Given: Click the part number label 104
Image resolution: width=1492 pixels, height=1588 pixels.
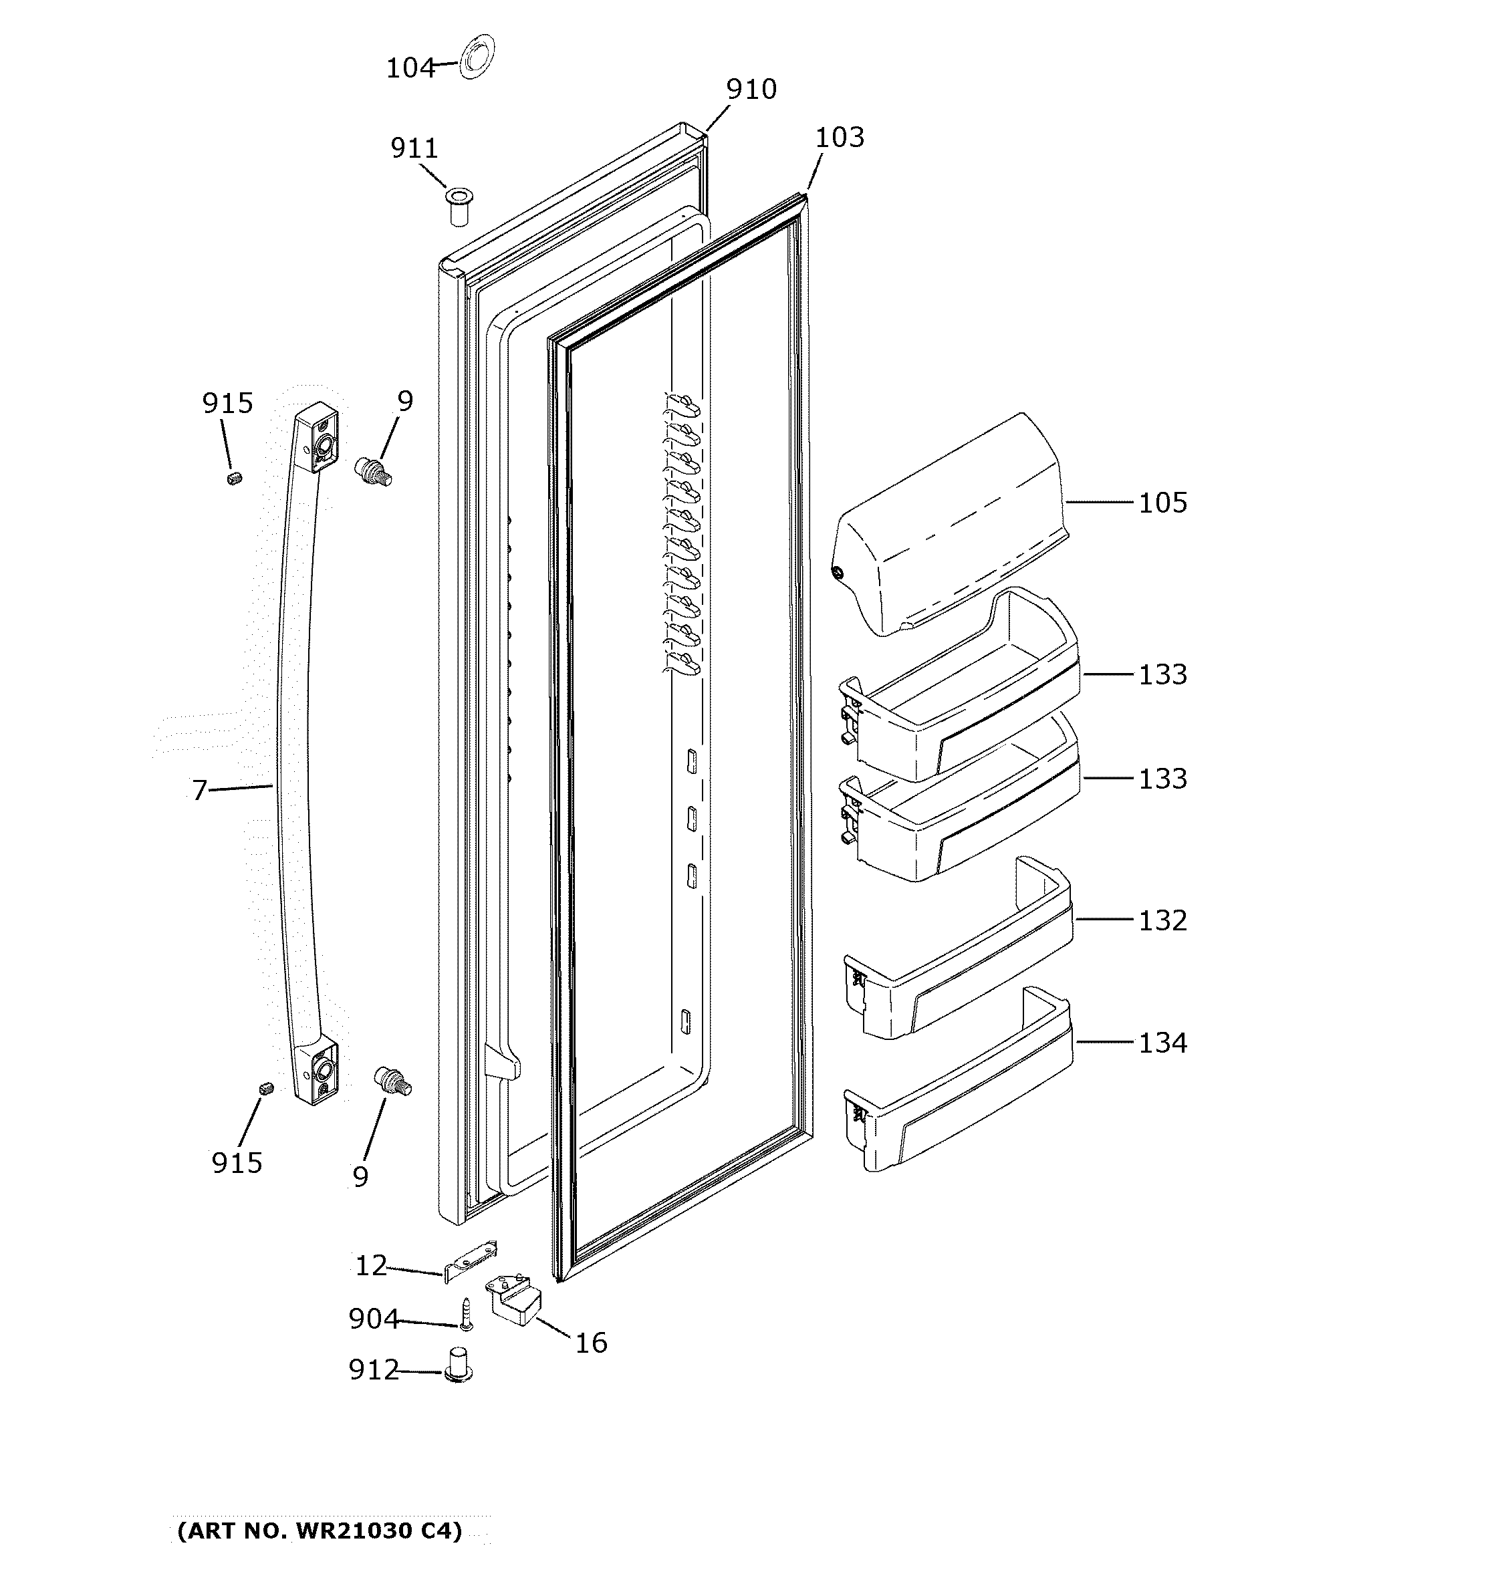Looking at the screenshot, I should [x=410, y=69].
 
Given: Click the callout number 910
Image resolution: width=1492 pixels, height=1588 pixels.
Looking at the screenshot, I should [x=751, y=90].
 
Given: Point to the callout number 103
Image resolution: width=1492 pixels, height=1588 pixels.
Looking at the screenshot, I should [x=839, y=138].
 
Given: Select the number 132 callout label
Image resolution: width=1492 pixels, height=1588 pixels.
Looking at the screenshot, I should [x=1162, y=920].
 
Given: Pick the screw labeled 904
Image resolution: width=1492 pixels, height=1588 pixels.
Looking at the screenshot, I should [x=466, y=1314].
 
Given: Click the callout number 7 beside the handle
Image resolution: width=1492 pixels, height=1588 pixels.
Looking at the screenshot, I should [x=200, y=790].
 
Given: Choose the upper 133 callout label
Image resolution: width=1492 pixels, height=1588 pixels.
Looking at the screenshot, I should [x=1162, y=674].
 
